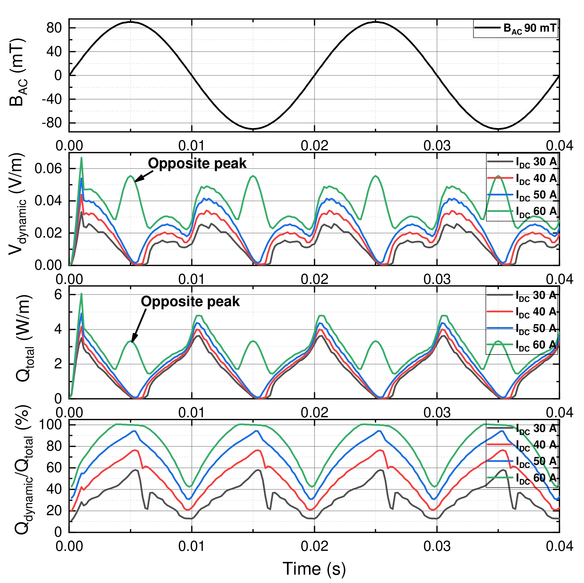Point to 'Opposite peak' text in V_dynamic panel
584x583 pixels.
click(x=197, y=163)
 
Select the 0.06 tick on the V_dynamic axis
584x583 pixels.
click(x=48, y=168)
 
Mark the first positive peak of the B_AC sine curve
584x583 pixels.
click(x=131, y=22)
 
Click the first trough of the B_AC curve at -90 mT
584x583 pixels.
click(x=253, y=129)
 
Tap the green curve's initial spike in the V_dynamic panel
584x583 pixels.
click(x=81, y=158)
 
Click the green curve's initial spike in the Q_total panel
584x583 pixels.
click(x=81, y=294)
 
